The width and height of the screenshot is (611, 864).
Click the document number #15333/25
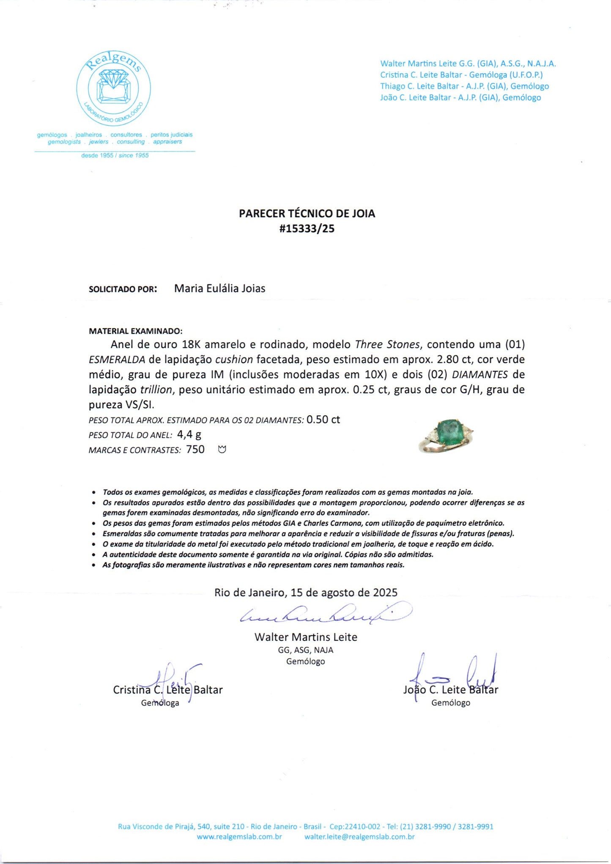[307, 229]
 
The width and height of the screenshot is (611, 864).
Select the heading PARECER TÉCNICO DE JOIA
[307, 214]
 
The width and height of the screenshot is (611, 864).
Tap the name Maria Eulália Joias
[219, 288]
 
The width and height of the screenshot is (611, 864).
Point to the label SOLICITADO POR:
[123, 289]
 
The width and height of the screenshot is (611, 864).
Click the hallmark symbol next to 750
[222, 450]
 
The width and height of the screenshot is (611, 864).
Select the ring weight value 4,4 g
[189, 434]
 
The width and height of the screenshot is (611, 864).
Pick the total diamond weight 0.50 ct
[323, 420]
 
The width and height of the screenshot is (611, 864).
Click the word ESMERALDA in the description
[117, 360]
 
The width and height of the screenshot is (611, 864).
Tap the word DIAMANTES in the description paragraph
[479, 375]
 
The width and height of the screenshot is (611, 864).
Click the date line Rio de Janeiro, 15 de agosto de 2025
[306, 592]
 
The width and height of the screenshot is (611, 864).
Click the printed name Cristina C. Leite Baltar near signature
[167, 690]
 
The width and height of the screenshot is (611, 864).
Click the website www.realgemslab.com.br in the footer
[239, 837]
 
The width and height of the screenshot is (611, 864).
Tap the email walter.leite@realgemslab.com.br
[359, 837]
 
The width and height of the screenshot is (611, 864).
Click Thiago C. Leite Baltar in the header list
[464, 86]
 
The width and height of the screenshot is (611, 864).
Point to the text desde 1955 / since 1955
[115, 155]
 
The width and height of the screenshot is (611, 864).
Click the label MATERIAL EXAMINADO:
[135, 331]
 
